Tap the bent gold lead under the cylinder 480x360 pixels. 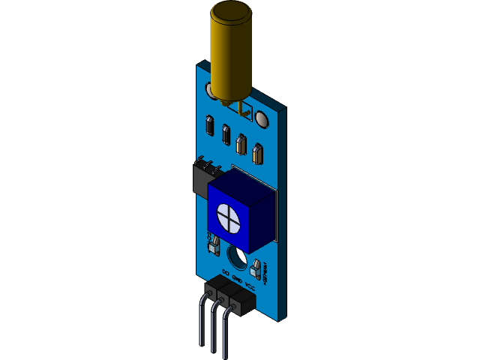[242, 109]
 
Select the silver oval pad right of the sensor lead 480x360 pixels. [262, 119]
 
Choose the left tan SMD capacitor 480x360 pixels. [241, 143]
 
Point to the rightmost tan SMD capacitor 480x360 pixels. [258, 153]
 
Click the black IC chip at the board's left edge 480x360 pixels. [201, 178]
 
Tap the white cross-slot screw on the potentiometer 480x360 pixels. [227, 216]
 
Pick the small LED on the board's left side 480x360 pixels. [212, 244]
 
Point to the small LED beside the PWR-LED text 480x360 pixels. [256, 266]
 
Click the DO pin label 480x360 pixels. [226, 271]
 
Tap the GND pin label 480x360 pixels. [237, 279]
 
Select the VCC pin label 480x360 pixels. [250, 286]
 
